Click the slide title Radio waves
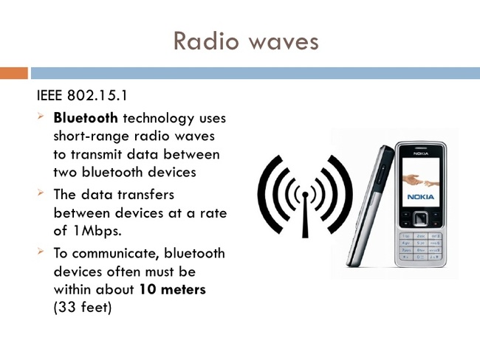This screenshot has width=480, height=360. tap(246, 41)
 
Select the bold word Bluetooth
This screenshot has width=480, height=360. tap(86, 118)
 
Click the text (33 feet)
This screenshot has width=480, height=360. tap(82, 308)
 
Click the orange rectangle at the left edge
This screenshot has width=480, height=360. tap(13, 73)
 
